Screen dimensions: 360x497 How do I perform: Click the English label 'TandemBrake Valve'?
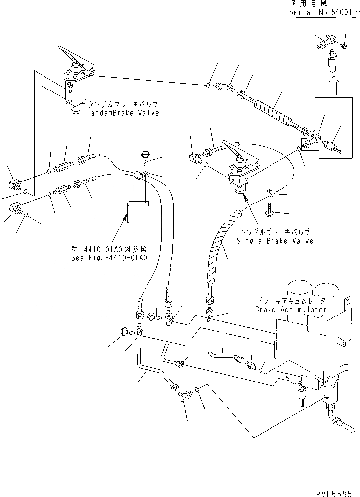tap(123, 113)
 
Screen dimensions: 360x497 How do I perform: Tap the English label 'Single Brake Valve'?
tap(275, 241)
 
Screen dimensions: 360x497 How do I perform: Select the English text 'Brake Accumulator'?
tap(291, 309)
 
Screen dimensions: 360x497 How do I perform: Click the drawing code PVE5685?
tap(334, 493)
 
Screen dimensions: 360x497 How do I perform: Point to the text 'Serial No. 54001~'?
tap(324, 12)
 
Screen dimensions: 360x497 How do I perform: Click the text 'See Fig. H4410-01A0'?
tap(109, 258)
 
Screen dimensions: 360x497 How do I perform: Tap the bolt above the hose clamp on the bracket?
tap(144, 158)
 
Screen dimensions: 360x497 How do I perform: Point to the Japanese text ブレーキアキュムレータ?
tap(291, 301)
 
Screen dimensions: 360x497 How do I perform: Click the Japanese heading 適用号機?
tap(308, 4)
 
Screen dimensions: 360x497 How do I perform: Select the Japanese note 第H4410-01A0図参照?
tap(109, 249)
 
